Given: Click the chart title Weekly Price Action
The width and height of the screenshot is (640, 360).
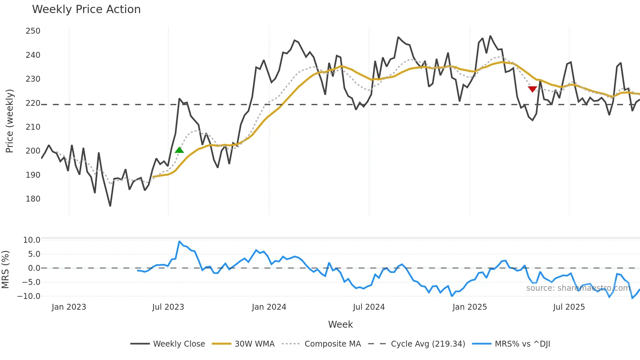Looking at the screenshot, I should pos(86,9).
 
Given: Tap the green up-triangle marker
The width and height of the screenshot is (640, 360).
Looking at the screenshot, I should pos(179,150).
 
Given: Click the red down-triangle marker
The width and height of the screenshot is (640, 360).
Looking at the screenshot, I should pos(532,89).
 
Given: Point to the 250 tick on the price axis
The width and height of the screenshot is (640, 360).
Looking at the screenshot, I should pos(33,31).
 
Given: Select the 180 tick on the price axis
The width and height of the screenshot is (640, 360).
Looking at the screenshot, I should pos(33,199).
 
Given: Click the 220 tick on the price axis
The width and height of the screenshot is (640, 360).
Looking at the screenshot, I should pos(33,103).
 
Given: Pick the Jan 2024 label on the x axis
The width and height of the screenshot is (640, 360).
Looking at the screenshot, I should pos(269,307).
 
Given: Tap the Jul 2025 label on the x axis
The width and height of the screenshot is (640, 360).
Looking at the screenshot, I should pos(569,307).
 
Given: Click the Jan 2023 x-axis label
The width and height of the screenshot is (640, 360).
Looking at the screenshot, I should pos(69,307).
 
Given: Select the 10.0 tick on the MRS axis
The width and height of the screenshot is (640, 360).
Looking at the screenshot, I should pos(32,240).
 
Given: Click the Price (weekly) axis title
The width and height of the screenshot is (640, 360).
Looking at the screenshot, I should pos(10,121).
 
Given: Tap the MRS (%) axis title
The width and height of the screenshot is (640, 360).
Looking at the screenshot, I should pos(6,270).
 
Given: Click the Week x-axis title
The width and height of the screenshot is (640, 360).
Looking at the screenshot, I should pos(340,324).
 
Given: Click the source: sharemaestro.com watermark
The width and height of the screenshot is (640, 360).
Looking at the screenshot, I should pos(578,288).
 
